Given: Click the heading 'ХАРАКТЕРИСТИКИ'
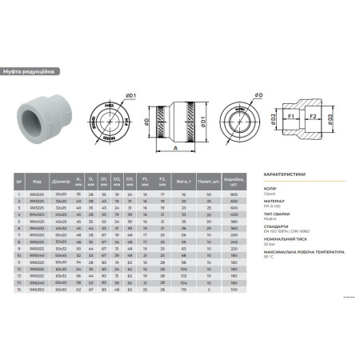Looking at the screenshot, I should (x=286, y=172).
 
